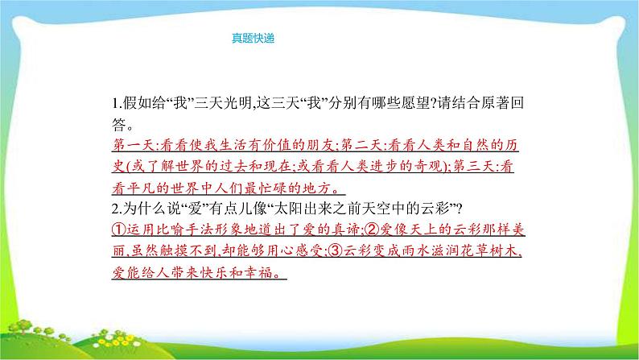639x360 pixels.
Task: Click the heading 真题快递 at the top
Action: [253, 37]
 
